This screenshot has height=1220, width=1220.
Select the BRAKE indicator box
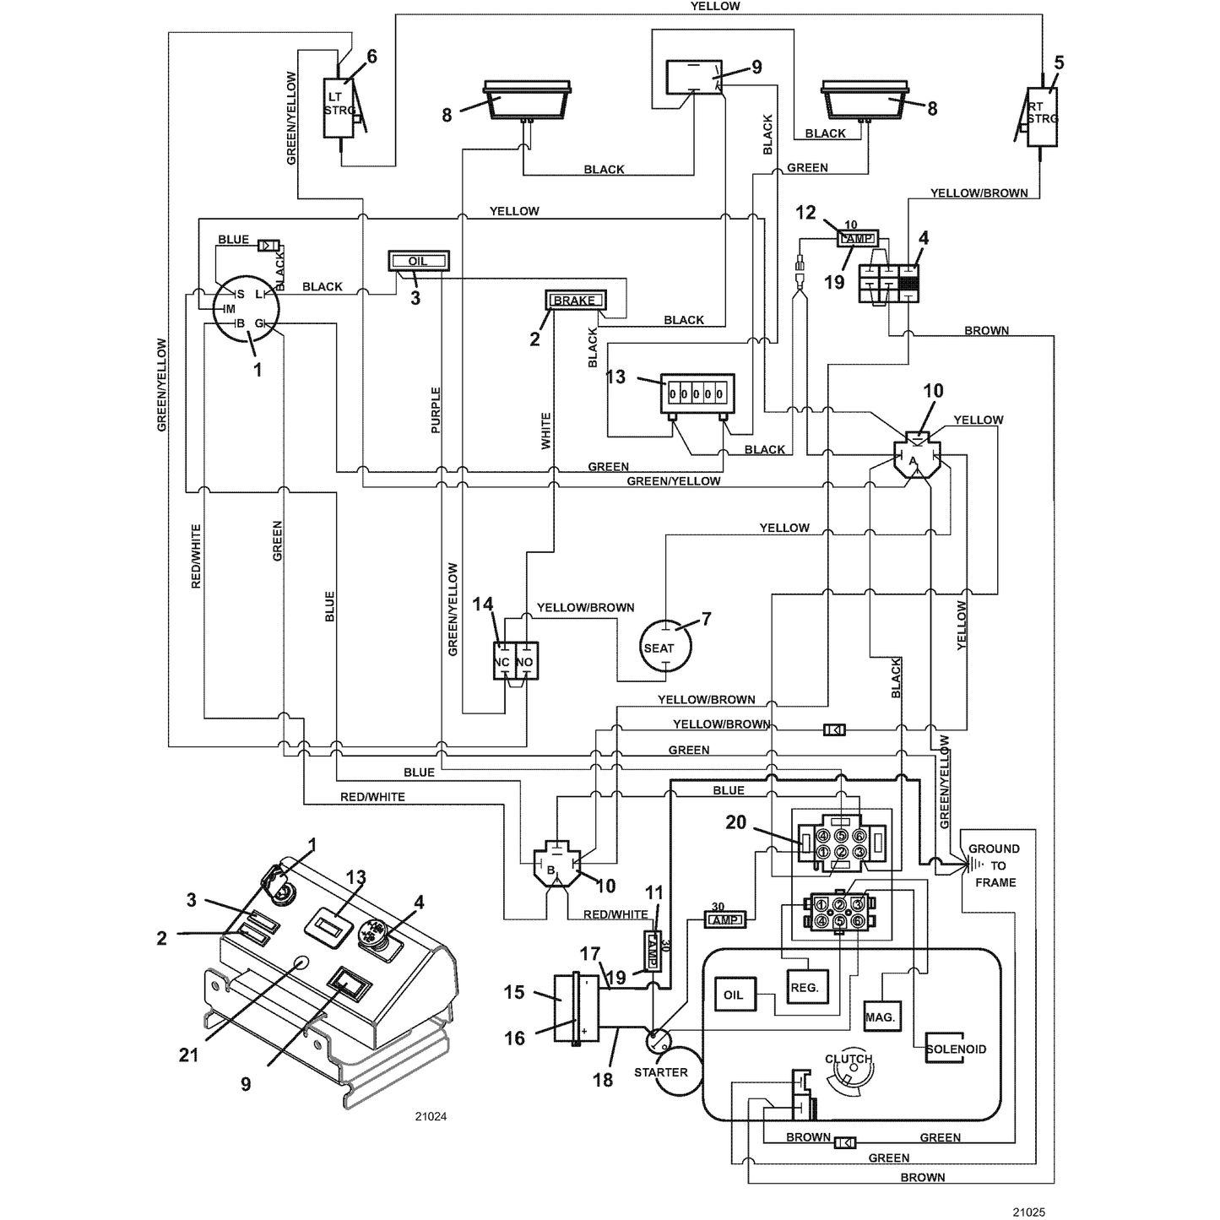pos(576,300)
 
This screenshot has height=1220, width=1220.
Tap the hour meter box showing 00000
pos(697,393)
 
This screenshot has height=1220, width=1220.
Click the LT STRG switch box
pos(340,107)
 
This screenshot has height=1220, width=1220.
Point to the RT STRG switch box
pos(1042,117)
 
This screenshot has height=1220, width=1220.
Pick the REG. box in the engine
pos(807,986)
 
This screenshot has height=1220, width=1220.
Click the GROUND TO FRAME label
pos(995,865)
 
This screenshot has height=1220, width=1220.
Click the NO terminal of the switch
pos(527,662)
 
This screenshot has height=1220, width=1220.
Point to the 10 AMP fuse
pos(858,239)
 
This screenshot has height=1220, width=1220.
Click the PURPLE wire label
pos(436,410)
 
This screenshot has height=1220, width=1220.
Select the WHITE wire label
pos(545,431)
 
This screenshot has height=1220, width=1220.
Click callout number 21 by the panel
pos(188,1055)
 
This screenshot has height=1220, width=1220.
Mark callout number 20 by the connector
pos(735,821)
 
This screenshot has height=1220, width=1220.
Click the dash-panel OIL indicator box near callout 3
pos(419,261)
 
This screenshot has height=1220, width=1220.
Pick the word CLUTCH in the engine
pos(849,1059)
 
